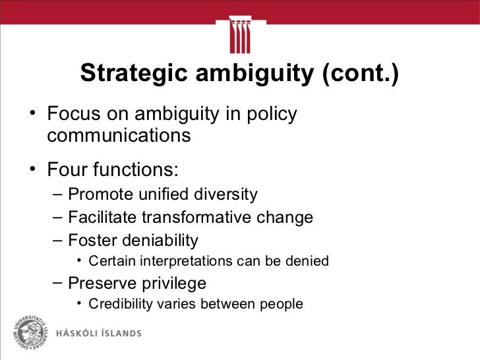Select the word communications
[119, 136]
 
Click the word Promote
[99, 195]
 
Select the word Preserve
[100, 284]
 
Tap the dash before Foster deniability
[57, 240]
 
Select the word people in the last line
[282, 305]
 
